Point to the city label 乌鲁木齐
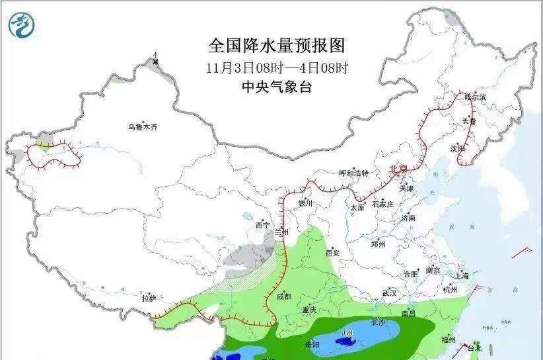click(x=144, y=126)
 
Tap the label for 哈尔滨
click(x=475, y=97)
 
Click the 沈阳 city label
click(x=458, y=148)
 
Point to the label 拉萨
click(x=149, y=298)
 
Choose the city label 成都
click(x=284, y=296)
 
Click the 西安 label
click(x=332, y=253)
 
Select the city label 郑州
click(x=378, y=244)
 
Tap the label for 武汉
click(x=389, y=292)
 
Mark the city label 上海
click(x=462, y=275)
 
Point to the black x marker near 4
click(x=155, y=62)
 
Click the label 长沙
click(x=379, y=322)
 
